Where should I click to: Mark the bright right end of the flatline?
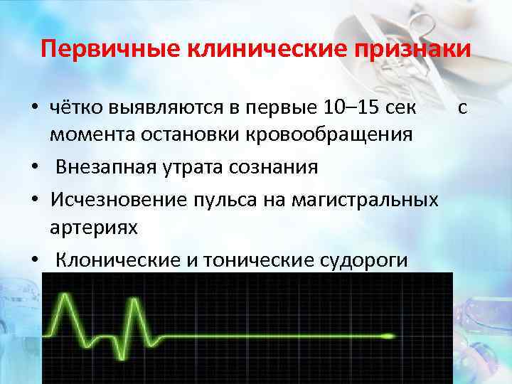(391, 335)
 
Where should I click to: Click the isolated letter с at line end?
(462, 108)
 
